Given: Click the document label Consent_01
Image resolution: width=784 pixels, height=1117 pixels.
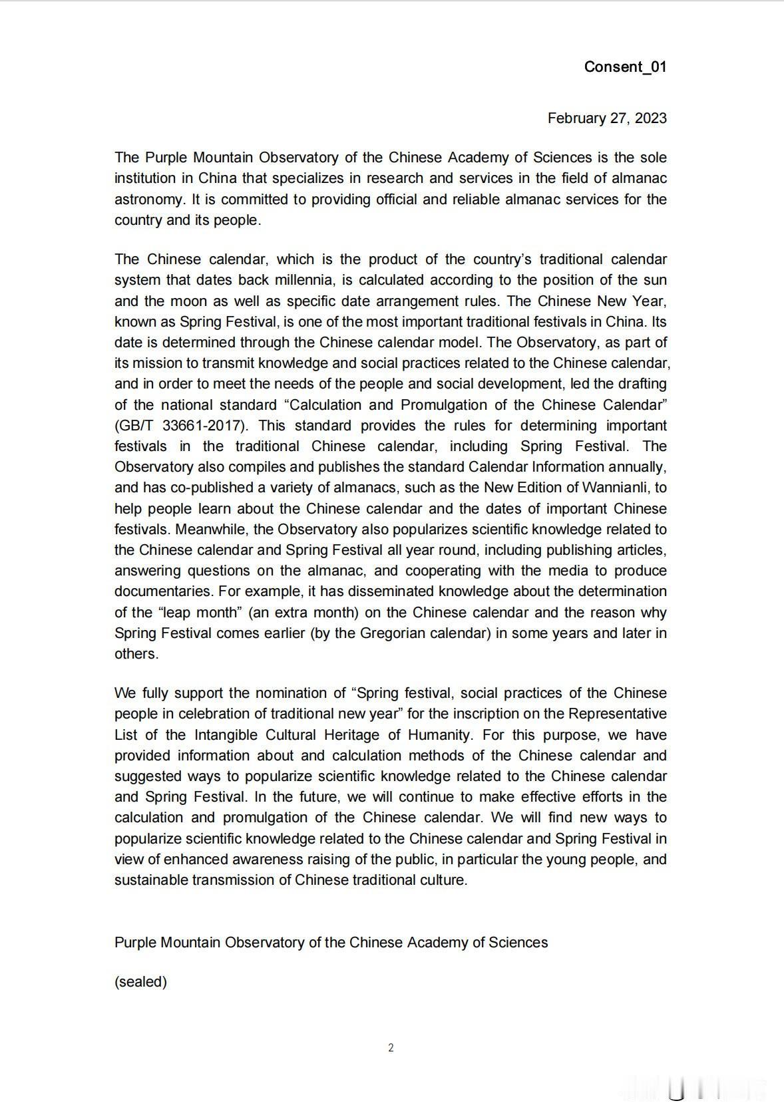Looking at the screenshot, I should (x=625, y=67).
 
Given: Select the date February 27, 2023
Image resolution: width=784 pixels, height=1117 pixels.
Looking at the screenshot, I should (x=607, y=118).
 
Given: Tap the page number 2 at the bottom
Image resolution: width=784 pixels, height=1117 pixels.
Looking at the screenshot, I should (x=391, y=1048).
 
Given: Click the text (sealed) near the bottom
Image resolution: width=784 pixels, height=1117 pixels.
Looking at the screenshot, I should (x=140, y=982).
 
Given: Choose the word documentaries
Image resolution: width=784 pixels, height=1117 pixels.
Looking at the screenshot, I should (x=162, y=591).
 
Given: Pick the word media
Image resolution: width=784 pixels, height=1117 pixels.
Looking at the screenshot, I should (x=570, y=571).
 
